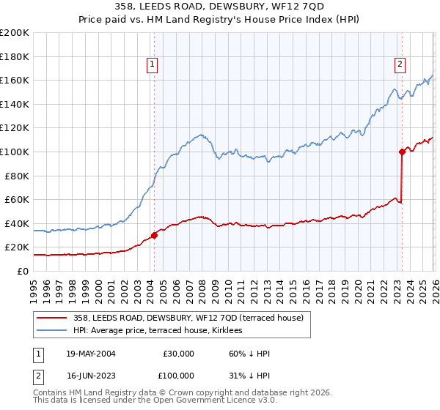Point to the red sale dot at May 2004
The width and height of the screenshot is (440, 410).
tap(154, 235)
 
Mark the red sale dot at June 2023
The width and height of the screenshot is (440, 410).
tap(402, 152)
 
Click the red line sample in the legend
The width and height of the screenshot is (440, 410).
tap(52, 317)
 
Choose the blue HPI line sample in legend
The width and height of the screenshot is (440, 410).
tap(52, 330)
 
